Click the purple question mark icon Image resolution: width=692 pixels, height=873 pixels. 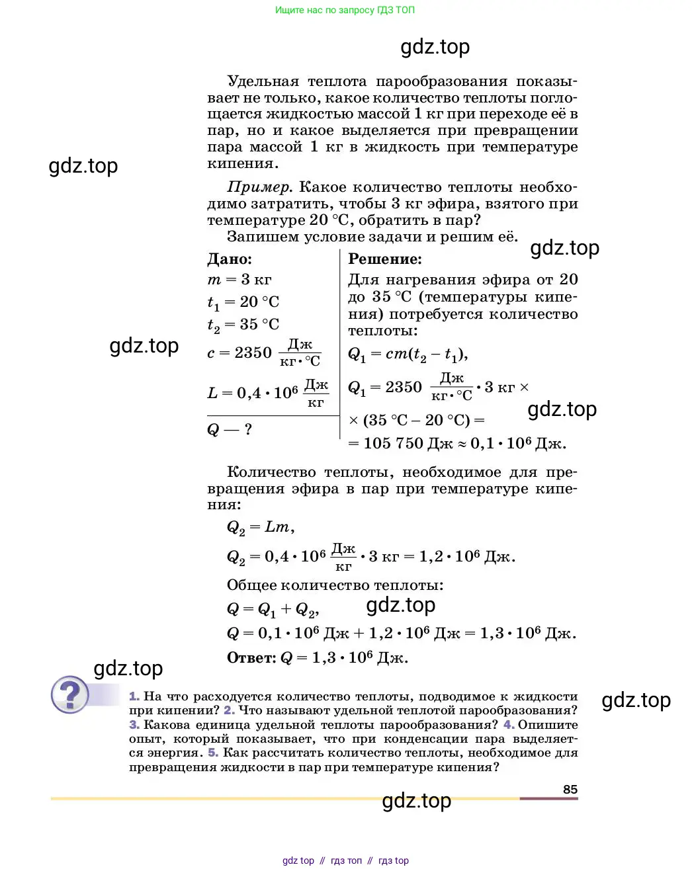click(69, 694)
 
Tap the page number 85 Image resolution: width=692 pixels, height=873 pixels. click(570, 789)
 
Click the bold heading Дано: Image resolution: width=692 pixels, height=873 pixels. click(230, 259)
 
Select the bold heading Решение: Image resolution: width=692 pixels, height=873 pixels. click(384, 259)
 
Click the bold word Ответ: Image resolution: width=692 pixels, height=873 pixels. click(251, 657)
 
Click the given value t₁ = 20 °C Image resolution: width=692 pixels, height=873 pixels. click(243, 302)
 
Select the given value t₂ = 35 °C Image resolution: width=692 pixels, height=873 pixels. click(243, 325)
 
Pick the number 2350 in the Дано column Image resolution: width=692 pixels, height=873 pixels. click(253, 353)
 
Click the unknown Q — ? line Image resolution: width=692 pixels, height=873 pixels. click(230, 430)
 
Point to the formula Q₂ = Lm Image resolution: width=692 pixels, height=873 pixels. click(259, 527)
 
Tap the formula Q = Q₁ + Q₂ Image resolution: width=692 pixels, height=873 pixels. click(272, 609)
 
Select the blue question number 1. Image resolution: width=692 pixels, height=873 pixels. click(134, 696)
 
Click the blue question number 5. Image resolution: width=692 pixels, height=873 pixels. click(213, 753)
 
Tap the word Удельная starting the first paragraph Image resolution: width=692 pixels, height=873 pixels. click(263, 81)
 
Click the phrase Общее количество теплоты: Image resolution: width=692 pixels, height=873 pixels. click(335, 585)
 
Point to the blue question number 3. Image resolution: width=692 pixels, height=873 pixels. click(134, 725)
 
